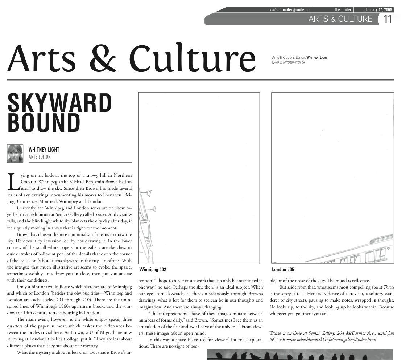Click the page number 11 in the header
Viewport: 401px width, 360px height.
coord(388,19)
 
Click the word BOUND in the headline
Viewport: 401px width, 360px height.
coord(44,123)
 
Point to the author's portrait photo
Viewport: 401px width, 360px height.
coord(15,153)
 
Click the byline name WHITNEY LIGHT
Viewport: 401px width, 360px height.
coord(44,150)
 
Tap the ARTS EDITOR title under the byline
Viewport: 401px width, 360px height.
coord(40,157)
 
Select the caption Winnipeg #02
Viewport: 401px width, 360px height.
coord(153,270)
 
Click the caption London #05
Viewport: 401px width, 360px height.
coord(283,270)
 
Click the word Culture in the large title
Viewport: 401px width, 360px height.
coord(193,58)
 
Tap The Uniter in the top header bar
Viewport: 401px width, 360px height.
coord(343,10)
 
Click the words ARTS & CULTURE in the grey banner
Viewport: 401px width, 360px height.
coord(340,19)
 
